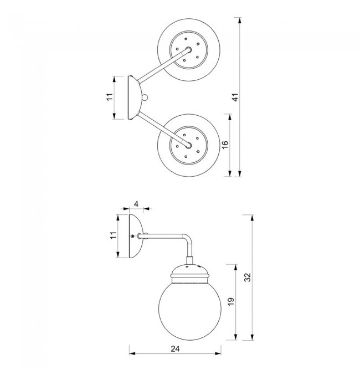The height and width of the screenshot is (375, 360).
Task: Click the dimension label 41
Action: (x=235, y=97)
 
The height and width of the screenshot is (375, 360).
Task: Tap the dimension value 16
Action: (x=225, y=145)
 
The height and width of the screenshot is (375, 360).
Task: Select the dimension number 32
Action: (x=248, y=277)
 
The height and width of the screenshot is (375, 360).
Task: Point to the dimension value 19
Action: (x=230, y=301)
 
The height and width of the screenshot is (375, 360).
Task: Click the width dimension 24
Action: (x=175, y=349)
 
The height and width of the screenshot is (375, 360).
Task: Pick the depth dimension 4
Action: (x=136, y=204)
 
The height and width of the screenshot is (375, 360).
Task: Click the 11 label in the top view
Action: (x=109, y=97)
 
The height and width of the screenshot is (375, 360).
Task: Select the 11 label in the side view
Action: (x=113, y=235)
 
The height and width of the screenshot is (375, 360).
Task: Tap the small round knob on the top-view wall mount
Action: (x=145, y=97)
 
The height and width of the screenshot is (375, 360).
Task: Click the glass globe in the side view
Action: (x=190, y=311)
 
